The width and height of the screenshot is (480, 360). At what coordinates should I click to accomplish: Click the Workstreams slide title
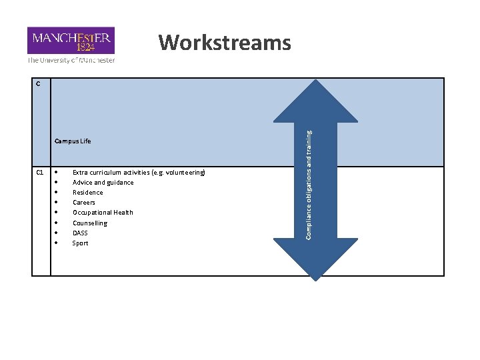coord(225,43)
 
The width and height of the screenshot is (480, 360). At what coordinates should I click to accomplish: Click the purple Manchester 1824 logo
coord(71,40)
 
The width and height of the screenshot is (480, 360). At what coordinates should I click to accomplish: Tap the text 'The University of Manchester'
coord(71,60)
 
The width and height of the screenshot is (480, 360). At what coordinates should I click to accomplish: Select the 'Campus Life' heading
coord(73,141)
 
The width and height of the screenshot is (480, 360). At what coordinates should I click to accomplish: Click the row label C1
coord(40,173)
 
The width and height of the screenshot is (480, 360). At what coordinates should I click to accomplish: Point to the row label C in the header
coord(39,84)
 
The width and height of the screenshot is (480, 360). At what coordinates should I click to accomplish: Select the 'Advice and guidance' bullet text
coord(103,182)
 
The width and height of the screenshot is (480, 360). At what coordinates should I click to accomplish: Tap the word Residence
coord(87,193)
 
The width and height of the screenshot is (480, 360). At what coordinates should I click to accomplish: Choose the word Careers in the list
coord(84,203)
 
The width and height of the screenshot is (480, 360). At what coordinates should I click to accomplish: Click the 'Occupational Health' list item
coord(103,213)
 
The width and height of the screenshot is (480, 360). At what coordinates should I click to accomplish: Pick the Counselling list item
coord(89,223)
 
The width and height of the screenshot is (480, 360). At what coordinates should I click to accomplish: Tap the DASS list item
coord(80,233)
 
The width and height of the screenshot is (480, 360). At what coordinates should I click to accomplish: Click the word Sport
coord(80,243)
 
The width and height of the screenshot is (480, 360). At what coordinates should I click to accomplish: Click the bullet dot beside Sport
coord(57,243)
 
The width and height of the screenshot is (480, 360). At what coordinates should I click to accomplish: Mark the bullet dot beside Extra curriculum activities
coord(57,173)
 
